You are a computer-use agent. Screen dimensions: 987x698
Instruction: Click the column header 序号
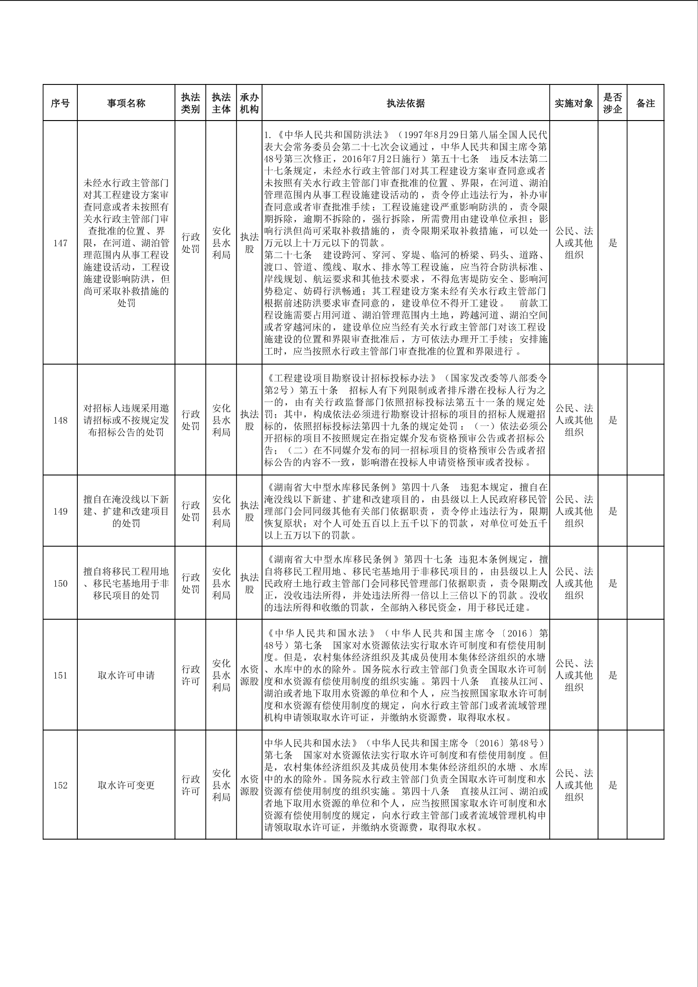pyautogui.click(x=60, y=103)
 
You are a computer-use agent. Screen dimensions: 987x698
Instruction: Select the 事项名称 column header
pyautogui.click(x=126, y=103)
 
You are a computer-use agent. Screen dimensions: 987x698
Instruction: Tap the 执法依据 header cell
pyautogui.click(x=406, y=103)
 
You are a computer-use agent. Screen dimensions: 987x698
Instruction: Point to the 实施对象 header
pyautogui.click(x=574, y=103)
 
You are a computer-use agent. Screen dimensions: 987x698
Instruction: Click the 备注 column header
pyautogui.click(x=645, y=103)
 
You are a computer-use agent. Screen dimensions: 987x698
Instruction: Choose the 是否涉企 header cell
pyautogui.click(x=613, y=103)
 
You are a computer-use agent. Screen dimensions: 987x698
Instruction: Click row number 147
pyautogui.click(x=60, y=243)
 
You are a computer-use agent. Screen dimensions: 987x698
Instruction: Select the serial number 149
pyautogui.click(x=60, y=511)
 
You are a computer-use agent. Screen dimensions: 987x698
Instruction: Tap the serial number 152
pyautogui.click(x=60, y=785)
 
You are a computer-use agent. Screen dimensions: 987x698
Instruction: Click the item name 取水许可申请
pyautogui.click(x=126, y=676)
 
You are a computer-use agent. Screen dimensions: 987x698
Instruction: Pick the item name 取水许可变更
pyautogui.click(x=126, y=785)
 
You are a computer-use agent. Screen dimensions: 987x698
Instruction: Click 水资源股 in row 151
pyautogui.click(x=249, y=676)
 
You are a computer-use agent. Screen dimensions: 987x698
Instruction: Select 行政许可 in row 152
pyautogui.click(x=190, y=785)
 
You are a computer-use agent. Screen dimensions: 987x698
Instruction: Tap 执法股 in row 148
pyautogui.click(x=249, y=420)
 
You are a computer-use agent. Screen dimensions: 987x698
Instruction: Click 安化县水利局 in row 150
pyautogui.click(x=221, y=584)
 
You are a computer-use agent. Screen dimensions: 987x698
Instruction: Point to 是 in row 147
pyautogui.click(x=613, y=243)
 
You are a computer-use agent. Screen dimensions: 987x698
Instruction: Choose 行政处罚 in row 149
pyautogui.click(x=190, y=511)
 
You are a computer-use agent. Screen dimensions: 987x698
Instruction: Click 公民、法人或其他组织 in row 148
pyautogui.click(x=574, y=420)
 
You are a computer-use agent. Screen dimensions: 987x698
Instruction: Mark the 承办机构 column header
pyautogui.click(x=249, y=103)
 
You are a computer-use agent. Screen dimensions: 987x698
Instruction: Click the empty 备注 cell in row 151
pyautogui.click(x=645, y=676)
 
